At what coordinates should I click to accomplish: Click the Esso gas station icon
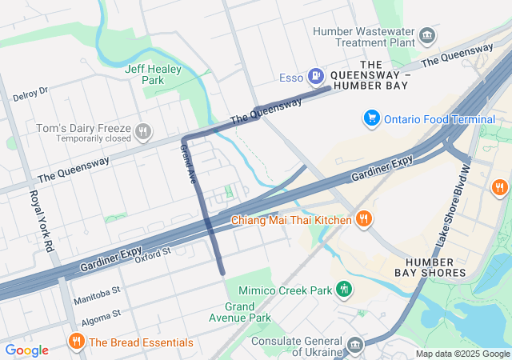click(317, 77)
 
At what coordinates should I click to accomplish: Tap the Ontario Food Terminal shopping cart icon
click(371, 118)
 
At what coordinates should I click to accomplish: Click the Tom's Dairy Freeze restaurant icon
click(143, 130)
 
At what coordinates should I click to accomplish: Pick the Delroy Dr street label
click(30, 94)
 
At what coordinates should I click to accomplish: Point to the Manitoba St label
click(96, 296)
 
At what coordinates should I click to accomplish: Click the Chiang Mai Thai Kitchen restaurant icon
click(363, 219)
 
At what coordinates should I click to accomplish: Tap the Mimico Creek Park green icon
click(344, 287)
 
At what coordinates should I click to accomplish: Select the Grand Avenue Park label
click(247, 312)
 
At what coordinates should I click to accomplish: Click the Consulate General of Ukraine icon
click(355, 346)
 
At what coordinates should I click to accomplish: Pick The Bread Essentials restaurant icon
click(77, 342)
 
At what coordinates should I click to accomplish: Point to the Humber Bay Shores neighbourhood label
click(435, 267)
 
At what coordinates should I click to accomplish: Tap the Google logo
click(26, 350)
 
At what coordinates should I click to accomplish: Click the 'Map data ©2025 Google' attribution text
click(462, 354)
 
